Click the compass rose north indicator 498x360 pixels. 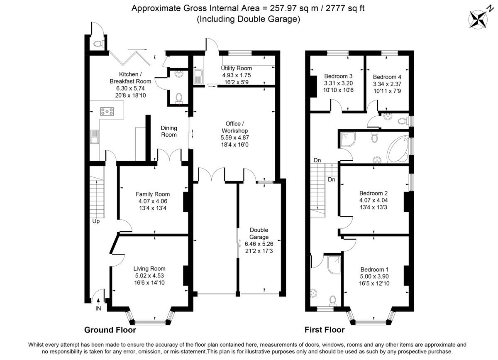(x=479, y=18)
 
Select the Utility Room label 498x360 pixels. (x=236, y=68)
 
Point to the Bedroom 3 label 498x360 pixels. (x=338, y=76)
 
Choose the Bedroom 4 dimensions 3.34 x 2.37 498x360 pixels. (x=387, y=84)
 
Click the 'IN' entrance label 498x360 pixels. (x=98, y=309)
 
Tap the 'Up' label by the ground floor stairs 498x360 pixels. (x=96, y=221)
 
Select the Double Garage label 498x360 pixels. (x=259, y=233)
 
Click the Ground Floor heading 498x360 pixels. (x=110, y=330)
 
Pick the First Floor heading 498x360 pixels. (x=325, y=330)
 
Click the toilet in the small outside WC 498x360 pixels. (x=98, y=43)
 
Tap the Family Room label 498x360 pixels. (x=153, y=194)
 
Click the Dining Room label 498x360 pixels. (x=169, y=131)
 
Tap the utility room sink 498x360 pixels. (x=198, y=76)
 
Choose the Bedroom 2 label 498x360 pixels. (x=373, y=193)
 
